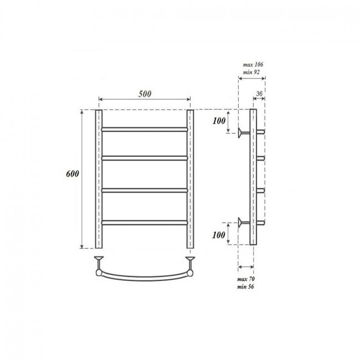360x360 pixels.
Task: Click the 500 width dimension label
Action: (145, 94)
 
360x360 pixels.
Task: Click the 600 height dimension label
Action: (73, 173)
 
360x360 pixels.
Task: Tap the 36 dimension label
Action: (259, 94)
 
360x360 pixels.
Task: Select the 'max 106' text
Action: (253, 64)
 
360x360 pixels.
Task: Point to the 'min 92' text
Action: (251, 72)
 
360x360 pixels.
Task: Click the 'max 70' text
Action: (246, 279)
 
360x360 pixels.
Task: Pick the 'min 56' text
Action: (245, 286)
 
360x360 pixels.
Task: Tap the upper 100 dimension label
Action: (219, 121)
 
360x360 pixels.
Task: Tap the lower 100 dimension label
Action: (219, 235)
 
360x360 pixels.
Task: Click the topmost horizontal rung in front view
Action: (145, 130)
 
